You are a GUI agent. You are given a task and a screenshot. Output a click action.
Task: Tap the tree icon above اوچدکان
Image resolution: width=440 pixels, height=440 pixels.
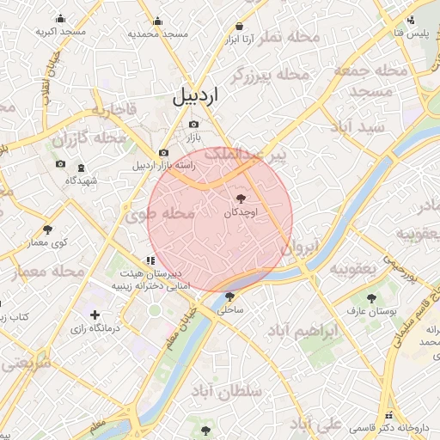point(240,199)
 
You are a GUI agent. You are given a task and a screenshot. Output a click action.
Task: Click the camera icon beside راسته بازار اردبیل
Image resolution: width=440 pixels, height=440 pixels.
point(164,153)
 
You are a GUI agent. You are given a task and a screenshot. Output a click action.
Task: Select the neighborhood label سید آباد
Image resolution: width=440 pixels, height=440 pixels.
point(377,126)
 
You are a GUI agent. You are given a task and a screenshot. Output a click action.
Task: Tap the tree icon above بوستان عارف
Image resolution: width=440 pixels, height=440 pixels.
point(372,298)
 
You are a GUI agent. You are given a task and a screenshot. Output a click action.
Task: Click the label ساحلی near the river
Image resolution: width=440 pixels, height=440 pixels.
point(233,307)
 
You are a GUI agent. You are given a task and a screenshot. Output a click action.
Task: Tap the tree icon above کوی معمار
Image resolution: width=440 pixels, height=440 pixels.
point(47,229)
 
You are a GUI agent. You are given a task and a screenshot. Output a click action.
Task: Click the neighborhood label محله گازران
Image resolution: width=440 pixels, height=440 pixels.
point(89,137)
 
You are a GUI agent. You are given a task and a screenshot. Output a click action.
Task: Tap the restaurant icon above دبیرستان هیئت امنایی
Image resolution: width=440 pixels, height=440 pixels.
point(150,259)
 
